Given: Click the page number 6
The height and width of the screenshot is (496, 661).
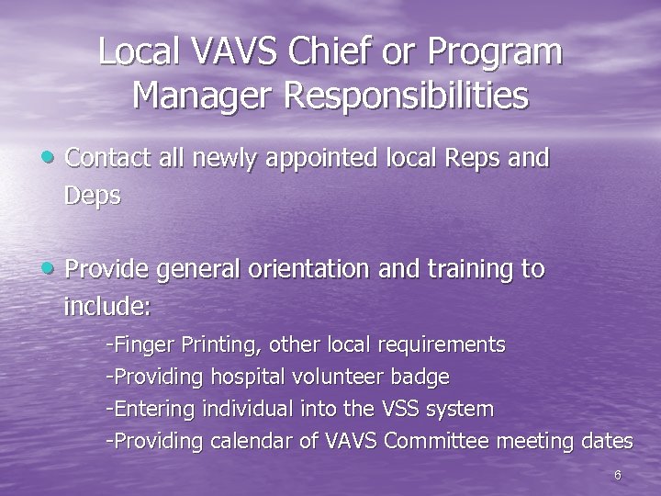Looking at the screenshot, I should click(x=617, y=475).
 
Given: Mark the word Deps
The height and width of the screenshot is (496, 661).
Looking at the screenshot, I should click(x=92, y=197).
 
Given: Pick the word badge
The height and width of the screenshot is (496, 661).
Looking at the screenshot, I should click(x=420, y=377).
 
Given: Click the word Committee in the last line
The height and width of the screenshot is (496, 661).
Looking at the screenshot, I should click(x=437, y=441).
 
